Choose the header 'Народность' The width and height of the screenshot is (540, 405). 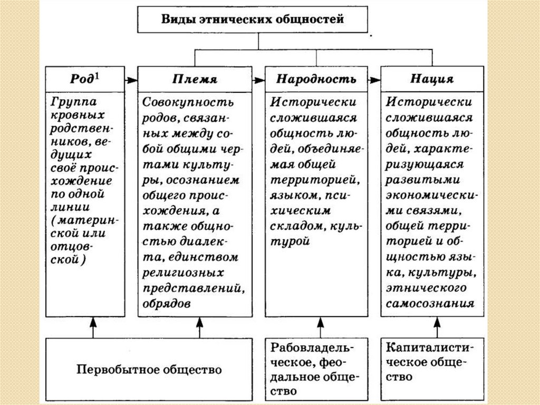pyautogui.click(x=316, y=79)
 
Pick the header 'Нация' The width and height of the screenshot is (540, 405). pyautogui.click(x=432, y=79)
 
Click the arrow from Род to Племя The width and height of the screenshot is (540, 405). pyautogui.click(x=132, y=80)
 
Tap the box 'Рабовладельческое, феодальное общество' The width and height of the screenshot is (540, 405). pyautogui.click(x=315, y=369)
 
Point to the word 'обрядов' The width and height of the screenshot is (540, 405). pyautogui.click(x=167, y=304)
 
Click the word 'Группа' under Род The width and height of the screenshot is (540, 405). pyautogui.click(x=74, y=101)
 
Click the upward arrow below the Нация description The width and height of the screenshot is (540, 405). pyautogui.click(x=436, y=327)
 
